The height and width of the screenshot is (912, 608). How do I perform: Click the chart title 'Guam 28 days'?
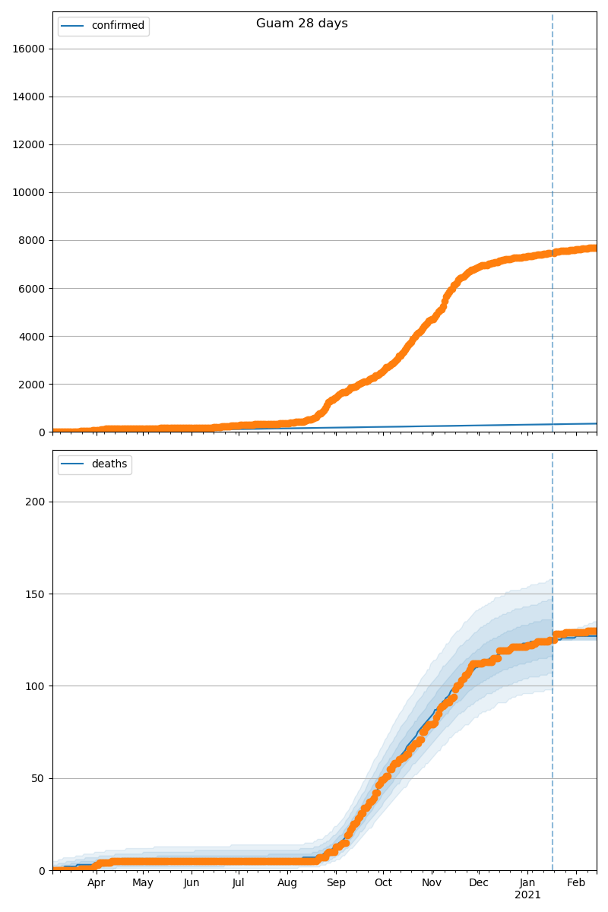coord(302,24)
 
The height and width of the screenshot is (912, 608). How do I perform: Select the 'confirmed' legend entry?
coord(118,26)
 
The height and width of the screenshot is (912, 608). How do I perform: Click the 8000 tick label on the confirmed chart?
coord(33,240)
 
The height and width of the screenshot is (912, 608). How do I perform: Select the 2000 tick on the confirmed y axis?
coord(33,384)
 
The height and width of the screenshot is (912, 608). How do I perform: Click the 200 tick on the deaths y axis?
coord(36,502)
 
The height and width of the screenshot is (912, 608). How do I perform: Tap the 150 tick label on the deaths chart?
coord(36,594)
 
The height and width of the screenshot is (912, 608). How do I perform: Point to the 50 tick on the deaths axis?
coord(39,778)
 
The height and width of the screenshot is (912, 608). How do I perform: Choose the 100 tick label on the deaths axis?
coord(36,686)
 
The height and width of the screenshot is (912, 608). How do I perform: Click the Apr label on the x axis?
coord(96,883)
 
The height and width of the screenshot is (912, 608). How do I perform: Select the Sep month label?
coord(336,883)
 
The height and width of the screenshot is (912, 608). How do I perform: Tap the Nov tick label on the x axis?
coord(432,883)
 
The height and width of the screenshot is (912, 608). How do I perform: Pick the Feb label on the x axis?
coord(576,883)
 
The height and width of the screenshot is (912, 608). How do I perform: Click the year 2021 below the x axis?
coord(527,895)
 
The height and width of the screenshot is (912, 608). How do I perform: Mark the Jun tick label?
coord(192,883)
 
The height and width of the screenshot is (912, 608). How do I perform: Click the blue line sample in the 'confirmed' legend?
coord(74,26)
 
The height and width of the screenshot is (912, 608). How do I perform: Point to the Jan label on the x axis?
coord(527,883)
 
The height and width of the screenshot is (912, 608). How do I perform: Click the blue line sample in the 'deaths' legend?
coord(74,464)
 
